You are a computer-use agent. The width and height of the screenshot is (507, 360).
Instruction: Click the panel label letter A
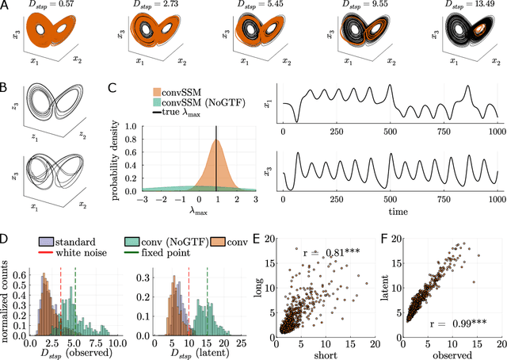tap(6, 6)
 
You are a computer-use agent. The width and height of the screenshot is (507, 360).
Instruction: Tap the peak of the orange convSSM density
tap(215, 140)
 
